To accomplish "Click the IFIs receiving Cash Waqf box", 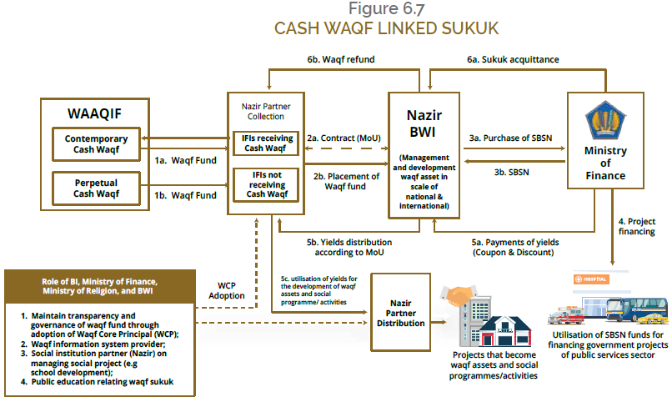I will [265, 143].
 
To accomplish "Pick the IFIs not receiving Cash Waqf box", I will [265, 183].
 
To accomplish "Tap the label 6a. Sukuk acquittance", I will [512, 61].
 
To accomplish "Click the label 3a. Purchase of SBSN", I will [511, 137].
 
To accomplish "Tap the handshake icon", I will [459, 296].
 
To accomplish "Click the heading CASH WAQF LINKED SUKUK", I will [385, 28].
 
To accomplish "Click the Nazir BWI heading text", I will [424, 123].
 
